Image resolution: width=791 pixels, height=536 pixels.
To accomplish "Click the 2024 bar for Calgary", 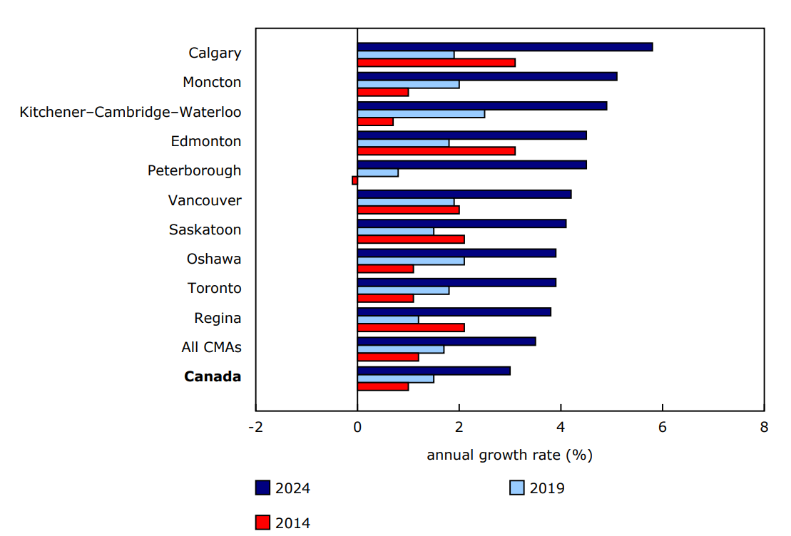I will click(x=504, y=47).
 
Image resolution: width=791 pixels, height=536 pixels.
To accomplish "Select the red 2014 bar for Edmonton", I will click(x=436, y=151).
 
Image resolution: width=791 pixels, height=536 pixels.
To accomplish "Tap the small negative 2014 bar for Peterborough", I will click(x=354, y=180).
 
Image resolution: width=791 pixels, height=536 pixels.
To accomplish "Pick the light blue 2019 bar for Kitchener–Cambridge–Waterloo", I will click(x=421, y=114).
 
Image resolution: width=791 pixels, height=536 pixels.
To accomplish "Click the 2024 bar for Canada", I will click(x=433, y=371).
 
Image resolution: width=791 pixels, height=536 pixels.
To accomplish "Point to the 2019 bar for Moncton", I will click(x=408, y=84).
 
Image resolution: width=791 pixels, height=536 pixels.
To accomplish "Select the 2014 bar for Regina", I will click(x=410, y=328).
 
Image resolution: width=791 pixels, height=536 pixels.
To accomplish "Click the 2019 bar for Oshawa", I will click(x=410, y=261).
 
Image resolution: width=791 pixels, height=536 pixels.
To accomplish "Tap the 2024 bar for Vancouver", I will click(x=464, y=194).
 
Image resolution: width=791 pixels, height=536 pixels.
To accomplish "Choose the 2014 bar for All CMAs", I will click(x=387, y=357).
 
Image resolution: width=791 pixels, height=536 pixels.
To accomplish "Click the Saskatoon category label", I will click(x=205, y=230).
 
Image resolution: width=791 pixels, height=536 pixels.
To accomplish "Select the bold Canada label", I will click(x=213, y=376).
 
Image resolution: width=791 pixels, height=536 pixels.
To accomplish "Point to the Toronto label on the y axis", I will click(x=214, y=288).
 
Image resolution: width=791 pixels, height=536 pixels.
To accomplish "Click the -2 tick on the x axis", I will click(x=255, y=428).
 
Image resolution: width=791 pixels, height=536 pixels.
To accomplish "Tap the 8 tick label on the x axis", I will click(x=764, y=428).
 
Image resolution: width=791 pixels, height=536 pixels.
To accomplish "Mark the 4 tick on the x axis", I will click(x=561, y=428).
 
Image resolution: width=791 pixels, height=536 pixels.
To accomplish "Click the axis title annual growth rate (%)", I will click(x=509, y=455).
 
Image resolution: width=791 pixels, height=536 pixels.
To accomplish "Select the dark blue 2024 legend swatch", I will click(x=262, y=488).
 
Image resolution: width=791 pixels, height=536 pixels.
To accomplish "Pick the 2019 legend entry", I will click(x=536, y=488).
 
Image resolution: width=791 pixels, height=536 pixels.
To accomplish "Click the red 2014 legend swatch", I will click(x=262, y=522).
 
